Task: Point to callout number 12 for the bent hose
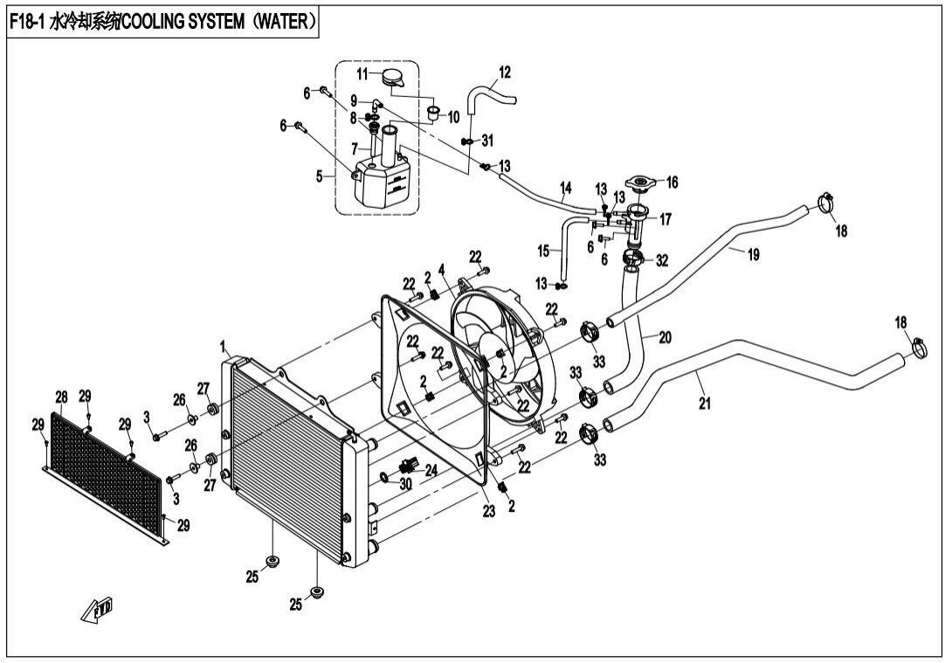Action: pyautogui.click(x=505, y=71)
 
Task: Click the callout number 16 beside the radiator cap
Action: pyautogui.click(x=672, y=183)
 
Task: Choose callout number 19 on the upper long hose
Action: pyautogui.click(x=752, y=254)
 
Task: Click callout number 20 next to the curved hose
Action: pyautogui.click(x=665, y=337)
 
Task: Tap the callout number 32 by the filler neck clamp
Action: pyautogui.click(x=662, y=259)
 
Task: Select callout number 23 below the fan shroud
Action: pyautogui.click(x=488, y=512)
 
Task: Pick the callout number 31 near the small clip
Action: pyautogui.click(x=487, y=140)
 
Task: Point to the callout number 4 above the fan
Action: pyautogui.click(x=441, y=270)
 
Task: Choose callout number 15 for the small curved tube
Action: pyautogui.click(x=543, y=251)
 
